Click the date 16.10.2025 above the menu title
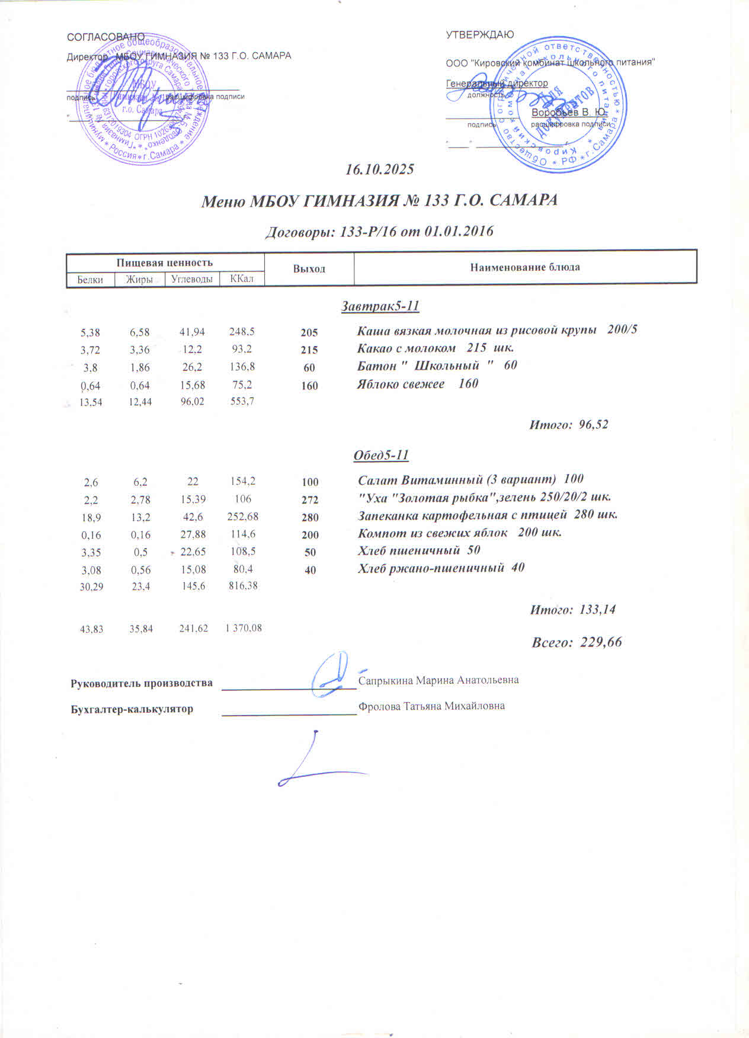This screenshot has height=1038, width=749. pyautogui.click(x=380, y=169)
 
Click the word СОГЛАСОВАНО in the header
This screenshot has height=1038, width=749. pyautogui.click(x=105, y=37)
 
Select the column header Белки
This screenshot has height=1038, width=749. pyautogui.click(x=90, y=280)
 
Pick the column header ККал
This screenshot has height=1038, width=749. pyautogui.click(x=242, y=278)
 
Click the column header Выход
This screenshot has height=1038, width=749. pyautogui.click(x=309, y=269)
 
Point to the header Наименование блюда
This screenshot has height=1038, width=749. pyautogui.click(x=525, y=267)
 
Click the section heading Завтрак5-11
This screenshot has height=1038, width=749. pyautogui.click(x=380, y=306)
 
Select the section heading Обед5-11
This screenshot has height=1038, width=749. pyautogui.click(x=381, y=455)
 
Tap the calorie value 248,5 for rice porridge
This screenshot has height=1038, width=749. pyautogui.click(x=242, y=332)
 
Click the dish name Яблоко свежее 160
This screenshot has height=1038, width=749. pyautogui.click(x=417, y=384)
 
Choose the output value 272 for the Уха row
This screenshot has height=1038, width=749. pyautogui.click(x=310, y=499)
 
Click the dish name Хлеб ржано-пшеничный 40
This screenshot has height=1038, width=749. pyautogui.click(x=441, y=568)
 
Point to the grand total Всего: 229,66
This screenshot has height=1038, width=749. pyautogui.click(x=577, y=642)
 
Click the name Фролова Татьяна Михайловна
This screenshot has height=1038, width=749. pyautogui.click(x=431, y=706)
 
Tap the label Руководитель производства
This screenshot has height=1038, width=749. pyautogui.click(x=142, y=683)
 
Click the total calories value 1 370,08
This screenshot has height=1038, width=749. pyautogui.click(x=243, y=628)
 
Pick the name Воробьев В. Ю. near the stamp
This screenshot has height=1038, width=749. pyautogui.click(x=568, y=112)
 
